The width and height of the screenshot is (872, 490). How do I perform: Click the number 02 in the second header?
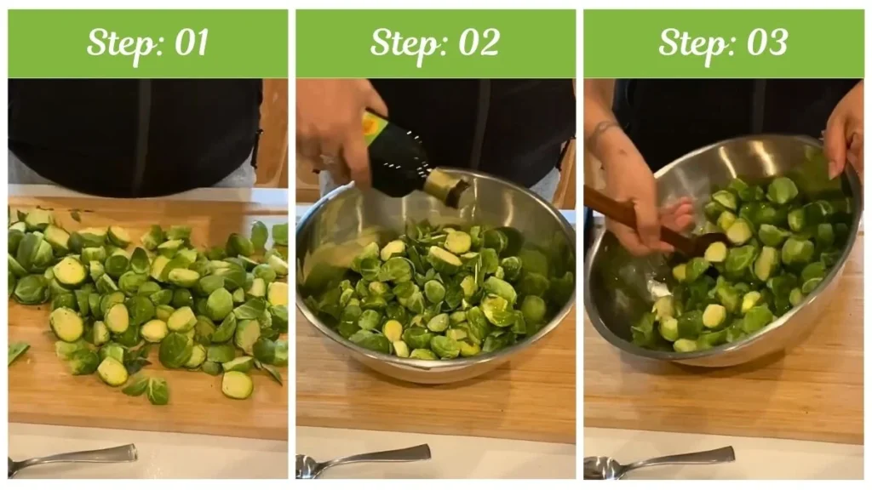[477, 43]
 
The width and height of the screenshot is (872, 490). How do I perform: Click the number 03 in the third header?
[765, 43]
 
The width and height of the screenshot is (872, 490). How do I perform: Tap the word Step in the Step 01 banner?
[117, 43]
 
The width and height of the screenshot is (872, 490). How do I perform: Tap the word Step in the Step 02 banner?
[404, 43]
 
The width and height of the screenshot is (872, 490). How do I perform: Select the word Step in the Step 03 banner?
[691, 43]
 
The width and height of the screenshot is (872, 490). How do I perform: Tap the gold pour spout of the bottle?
[445, 185]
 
